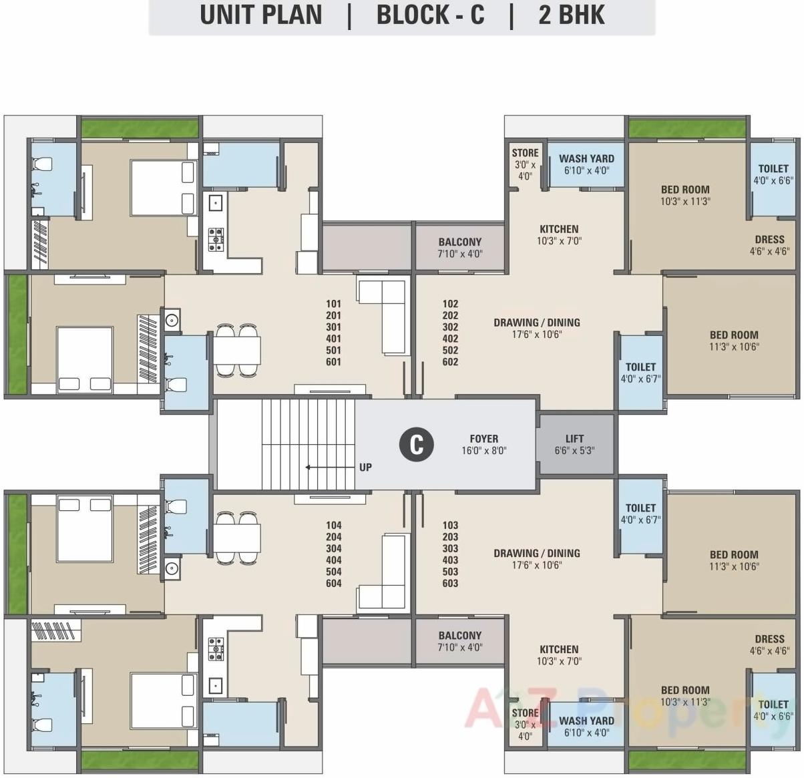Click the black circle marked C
416,444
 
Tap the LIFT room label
574,444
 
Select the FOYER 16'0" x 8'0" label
484,444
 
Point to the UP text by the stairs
365,467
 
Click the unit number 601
333,362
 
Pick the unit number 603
450,583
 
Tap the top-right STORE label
525,164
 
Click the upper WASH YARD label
586,164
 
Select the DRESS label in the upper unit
769,245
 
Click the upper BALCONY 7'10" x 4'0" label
459,248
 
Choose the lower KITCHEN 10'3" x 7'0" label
559,654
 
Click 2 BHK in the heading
572,15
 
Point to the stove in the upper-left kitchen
216,238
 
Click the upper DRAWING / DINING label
537,328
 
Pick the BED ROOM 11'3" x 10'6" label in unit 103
734,560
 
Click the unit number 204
333,537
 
